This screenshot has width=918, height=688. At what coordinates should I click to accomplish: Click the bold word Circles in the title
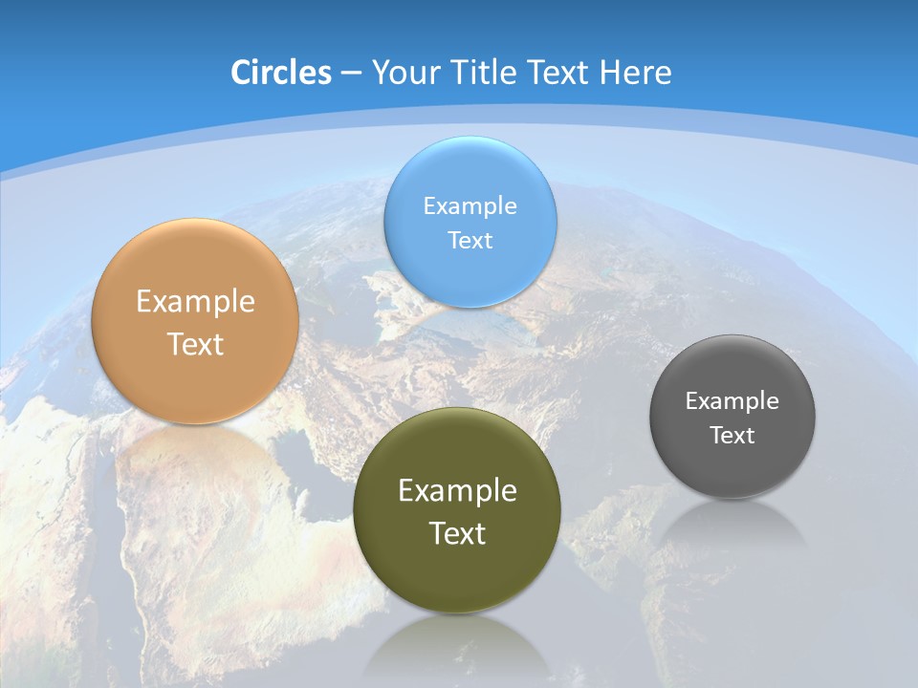(x=281, y=73)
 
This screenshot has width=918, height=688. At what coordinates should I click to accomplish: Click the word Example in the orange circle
(x=195, y=302)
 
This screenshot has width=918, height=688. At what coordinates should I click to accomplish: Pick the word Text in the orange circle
(x=195, y=344)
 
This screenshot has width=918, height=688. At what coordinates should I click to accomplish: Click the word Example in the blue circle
(x=470, y=206)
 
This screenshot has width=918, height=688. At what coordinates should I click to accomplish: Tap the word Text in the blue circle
(x=470, y=241)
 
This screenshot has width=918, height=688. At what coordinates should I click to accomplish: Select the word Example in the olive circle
(x=457, y=491)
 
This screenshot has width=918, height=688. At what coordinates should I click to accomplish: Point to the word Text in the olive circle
(x=457, y=533)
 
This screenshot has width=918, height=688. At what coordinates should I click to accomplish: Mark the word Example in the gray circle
(x=732, y=401)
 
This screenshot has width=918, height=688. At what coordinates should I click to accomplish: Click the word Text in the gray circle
(x=732, y=436)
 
